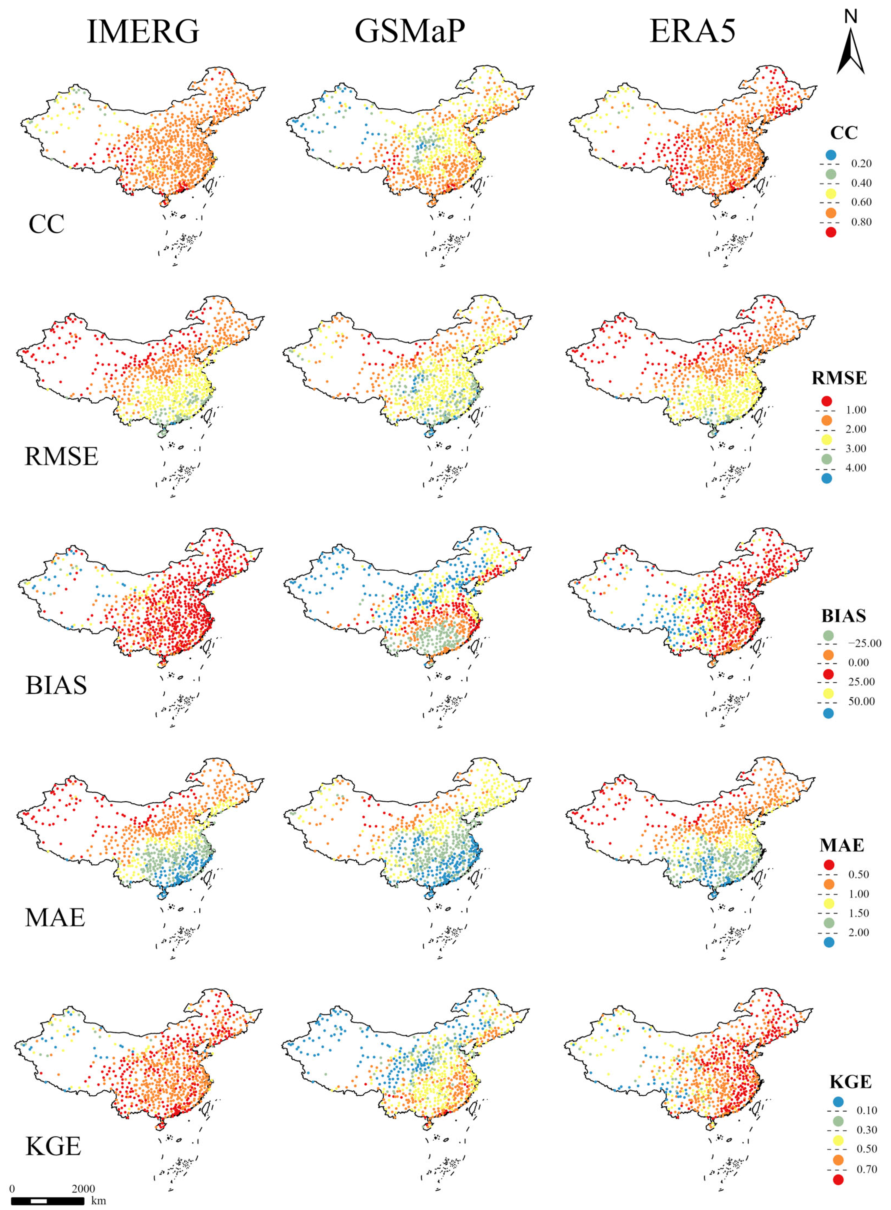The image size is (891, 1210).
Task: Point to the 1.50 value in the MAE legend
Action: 859,913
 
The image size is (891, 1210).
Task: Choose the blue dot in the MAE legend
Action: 829,942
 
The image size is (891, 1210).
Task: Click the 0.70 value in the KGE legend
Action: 867,1169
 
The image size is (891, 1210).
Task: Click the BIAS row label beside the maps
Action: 56,686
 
